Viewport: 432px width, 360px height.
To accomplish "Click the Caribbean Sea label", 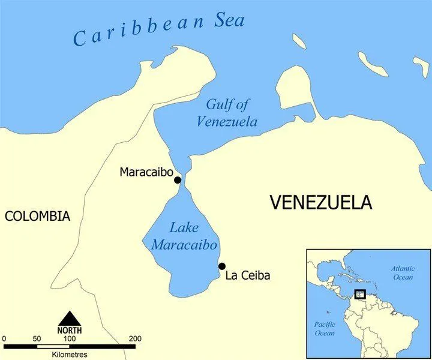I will pyautogui.click(x=159, y=30).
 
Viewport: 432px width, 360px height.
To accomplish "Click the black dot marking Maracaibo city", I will pyautogui.click(x=177, y=179).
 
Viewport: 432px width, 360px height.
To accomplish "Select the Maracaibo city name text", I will pyautogui.click(x=146, y=172).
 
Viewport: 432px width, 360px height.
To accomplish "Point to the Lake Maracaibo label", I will pyautogui.click(x=184, y=236).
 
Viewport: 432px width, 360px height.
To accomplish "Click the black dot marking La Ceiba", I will pyautogui.click(x=222, y=266).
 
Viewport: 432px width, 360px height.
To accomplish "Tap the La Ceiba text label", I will pyautogui.click(x=248, y=276).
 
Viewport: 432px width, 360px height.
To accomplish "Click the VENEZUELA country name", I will pyautogui.click(x=320, y=203).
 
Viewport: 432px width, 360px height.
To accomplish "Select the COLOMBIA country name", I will pyautogui.click(x=37, y=217).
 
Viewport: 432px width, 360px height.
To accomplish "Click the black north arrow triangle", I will pyautogui.click(x=70, y=318).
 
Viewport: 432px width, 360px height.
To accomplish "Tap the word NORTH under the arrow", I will pyautogui.click(x=70, y=330).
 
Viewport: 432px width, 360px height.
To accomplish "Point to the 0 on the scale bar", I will pyautogui.click(x=4, y=339).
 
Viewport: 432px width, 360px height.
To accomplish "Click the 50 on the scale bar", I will pyautogui.click(x=37, y=339).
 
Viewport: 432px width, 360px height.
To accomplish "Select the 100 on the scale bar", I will pyautogui.click(x=70, y=339).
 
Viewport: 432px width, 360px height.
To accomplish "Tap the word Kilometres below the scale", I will pyautogui.click(x=70, y=355).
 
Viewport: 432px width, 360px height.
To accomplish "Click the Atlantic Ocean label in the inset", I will pyautogui.click(x=402, y=273).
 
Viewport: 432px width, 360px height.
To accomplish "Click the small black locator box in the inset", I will pyautogui.click(x=360, y=294).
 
